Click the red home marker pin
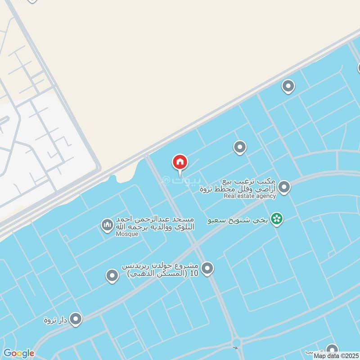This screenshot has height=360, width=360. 180,162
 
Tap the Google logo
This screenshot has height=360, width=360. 18,353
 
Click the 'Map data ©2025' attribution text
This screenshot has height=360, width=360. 336,356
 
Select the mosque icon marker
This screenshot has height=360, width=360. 107,225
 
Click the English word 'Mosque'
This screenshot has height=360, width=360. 127,234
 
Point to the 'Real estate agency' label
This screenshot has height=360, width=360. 250,196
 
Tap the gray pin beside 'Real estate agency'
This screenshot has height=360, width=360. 284,187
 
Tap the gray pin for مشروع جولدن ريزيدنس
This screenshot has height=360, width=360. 207,269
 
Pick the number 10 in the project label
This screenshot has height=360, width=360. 194,273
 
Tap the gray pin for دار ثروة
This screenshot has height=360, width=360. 76,319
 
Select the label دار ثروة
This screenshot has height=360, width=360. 55,320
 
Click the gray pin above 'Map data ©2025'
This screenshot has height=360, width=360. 332,350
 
